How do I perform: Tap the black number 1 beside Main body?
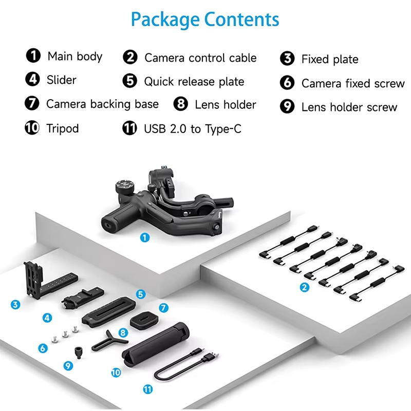pos(33,55)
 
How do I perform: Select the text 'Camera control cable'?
pos(200,58)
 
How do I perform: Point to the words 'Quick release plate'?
pos(194,82)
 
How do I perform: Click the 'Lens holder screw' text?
pos(349,107)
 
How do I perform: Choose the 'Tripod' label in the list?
pos(63,128)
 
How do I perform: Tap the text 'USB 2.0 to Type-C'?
pos(193,129)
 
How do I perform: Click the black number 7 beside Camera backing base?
pos(32,103)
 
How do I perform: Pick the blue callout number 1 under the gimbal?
pos(145,238)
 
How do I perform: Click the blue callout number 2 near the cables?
pos(304,287)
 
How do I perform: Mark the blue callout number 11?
pos(148,389)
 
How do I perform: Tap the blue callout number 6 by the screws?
pos(43,348)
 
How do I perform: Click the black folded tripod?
pos(156,344)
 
